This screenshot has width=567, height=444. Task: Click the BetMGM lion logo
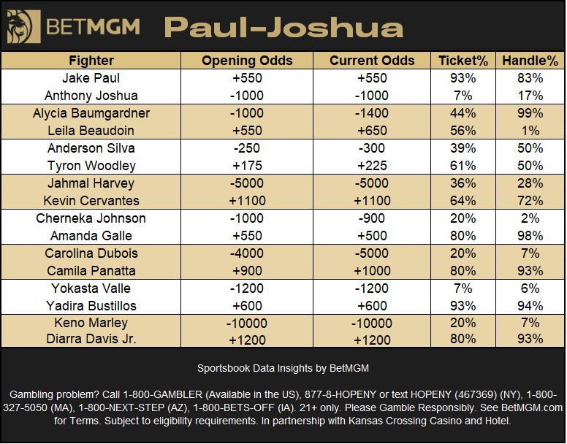[x=23, y=27]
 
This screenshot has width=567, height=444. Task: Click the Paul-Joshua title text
[x=283, y=28]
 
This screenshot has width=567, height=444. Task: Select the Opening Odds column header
[x=247, y=61]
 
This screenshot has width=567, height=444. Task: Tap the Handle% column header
[x=530, y=61]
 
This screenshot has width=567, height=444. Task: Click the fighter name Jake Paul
[x=91, y=78]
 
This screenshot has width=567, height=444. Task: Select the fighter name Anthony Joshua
[x=91, y=96]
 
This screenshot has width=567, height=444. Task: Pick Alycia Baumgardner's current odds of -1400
[x=372, y=113]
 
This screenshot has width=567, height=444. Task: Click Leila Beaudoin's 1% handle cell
[x=530, y=131]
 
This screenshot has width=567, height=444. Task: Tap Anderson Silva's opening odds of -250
[x=247, y=148]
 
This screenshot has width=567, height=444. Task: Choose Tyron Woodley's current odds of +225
[x=372, y=166]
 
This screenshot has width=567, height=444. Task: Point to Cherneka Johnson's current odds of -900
[x=372, y=218]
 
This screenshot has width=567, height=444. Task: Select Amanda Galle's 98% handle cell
[x=530, y=236]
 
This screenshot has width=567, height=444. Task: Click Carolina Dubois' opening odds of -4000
[x=247, y=253]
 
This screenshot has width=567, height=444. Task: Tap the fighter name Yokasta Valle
[x=91, y=288]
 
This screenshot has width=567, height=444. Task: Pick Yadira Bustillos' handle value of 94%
[x=530, y=306]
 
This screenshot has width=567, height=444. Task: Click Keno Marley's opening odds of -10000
[x=247, y=324]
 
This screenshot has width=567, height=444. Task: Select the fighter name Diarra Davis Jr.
[x=91, y=339]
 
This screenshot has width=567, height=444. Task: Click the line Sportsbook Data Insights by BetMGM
[x=283, y=369]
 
